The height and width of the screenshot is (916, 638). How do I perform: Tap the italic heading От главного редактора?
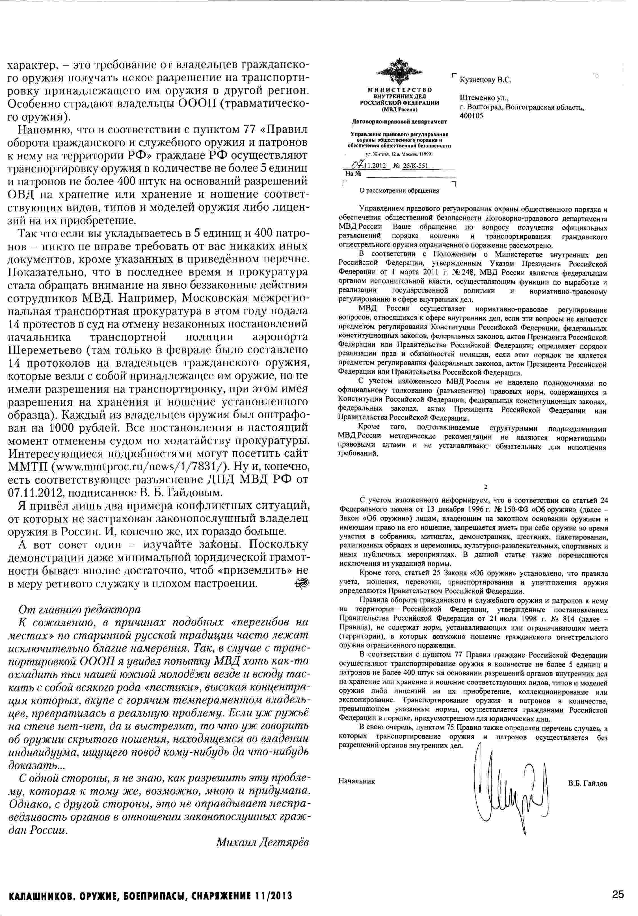tap(80, 610)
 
